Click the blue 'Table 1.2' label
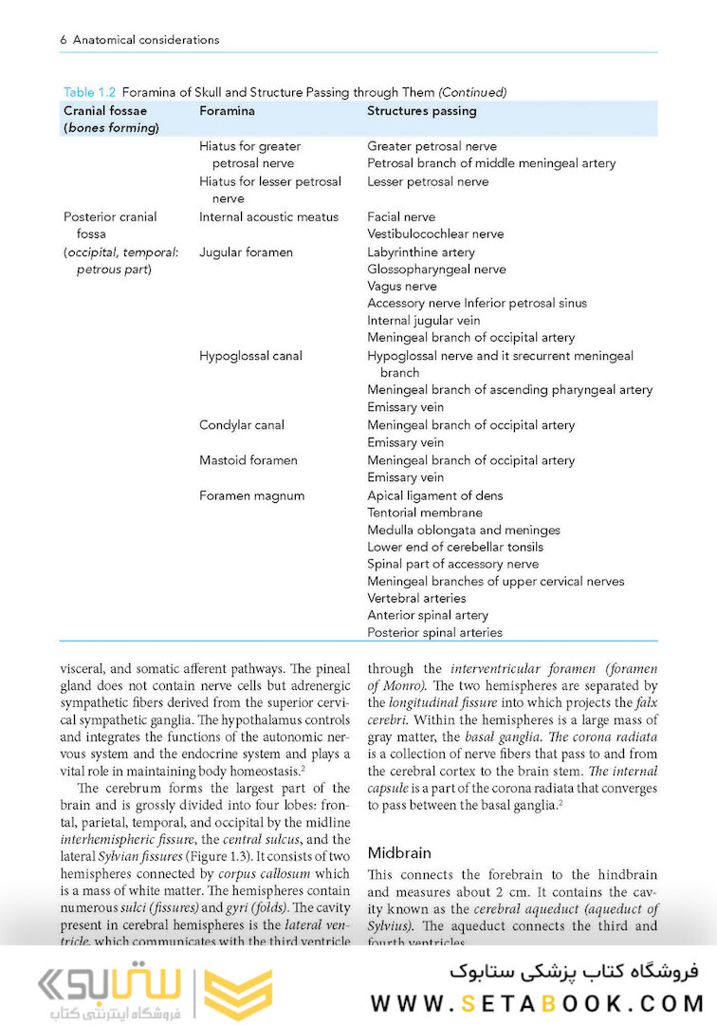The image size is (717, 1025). (x=89, y=92)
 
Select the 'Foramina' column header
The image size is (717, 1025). (x=227, y=111)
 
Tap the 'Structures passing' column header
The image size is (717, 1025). (x=421, y=111)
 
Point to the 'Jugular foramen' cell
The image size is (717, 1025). (x=246, y=252)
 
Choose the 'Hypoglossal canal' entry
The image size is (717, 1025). (x=250, y=356)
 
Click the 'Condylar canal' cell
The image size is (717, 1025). (x=241, y=425)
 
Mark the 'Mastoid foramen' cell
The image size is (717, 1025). (x=248, y=460)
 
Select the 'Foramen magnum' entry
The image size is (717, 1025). (x=251, y=495)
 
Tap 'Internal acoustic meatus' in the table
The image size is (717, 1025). (x=268, y=217)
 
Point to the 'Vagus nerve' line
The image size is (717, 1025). (x=402, y=287)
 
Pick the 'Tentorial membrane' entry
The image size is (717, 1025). (x=424, y=512)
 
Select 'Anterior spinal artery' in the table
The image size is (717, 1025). (x=428, y=616)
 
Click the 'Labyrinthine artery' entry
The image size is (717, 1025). (x=421, y=252)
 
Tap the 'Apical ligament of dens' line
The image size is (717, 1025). (x=434, y=495)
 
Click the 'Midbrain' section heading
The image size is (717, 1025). (x=398, y=853)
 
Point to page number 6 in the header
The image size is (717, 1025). (x=63, y=40)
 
